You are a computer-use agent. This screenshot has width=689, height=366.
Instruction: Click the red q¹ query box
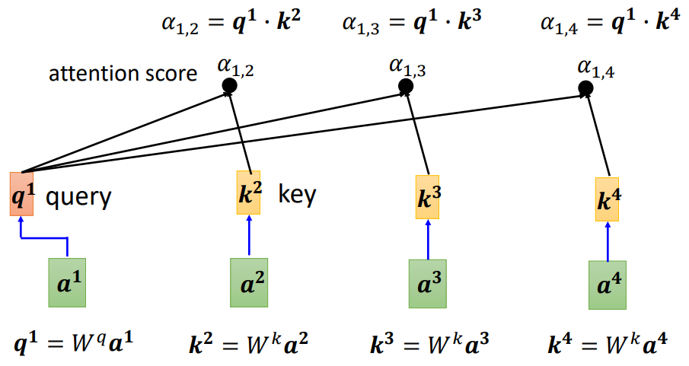point(21,194)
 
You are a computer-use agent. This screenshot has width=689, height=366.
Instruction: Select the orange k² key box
point(248,193)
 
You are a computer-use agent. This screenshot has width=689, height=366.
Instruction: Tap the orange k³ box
point(427,197)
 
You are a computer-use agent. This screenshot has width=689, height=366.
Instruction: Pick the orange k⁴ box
point(607,199)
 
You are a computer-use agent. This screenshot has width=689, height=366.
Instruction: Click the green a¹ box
point(67,282)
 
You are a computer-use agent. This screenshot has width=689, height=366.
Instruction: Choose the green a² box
point(249,282)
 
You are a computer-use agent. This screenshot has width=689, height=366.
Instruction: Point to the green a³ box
point(428,284)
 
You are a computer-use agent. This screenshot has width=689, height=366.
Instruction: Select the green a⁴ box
point(608,285)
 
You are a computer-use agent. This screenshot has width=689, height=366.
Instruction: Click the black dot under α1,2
point(229,86)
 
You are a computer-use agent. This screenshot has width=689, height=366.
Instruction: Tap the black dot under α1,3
point(406,86)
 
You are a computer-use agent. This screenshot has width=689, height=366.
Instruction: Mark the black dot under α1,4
point(585,88)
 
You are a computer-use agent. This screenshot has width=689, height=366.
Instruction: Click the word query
point(78,197)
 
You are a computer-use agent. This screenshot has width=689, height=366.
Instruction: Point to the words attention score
point(123,74)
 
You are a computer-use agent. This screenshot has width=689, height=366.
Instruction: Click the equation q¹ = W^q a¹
point(73,342)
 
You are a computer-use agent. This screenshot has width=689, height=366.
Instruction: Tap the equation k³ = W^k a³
point(429,343)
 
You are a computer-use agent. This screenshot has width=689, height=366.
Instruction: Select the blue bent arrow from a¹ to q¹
point(44,239)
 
